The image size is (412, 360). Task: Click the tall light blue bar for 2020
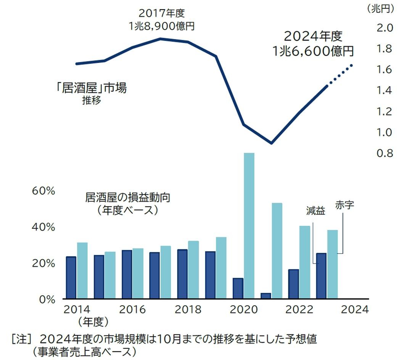249,226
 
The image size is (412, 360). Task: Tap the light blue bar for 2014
82,270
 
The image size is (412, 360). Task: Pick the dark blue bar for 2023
322,276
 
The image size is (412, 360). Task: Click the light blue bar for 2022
305,262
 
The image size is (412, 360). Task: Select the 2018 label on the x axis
188,309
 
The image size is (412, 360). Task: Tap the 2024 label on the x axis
355,309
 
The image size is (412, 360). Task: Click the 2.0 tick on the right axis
385,27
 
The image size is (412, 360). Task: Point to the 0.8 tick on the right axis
385,153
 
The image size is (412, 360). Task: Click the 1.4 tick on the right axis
385,90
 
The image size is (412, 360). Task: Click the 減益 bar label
315,211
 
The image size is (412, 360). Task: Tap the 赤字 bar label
345,205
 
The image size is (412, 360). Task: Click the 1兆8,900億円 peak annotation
162,26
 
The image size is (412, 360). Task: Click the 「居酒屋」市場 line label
90,88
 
